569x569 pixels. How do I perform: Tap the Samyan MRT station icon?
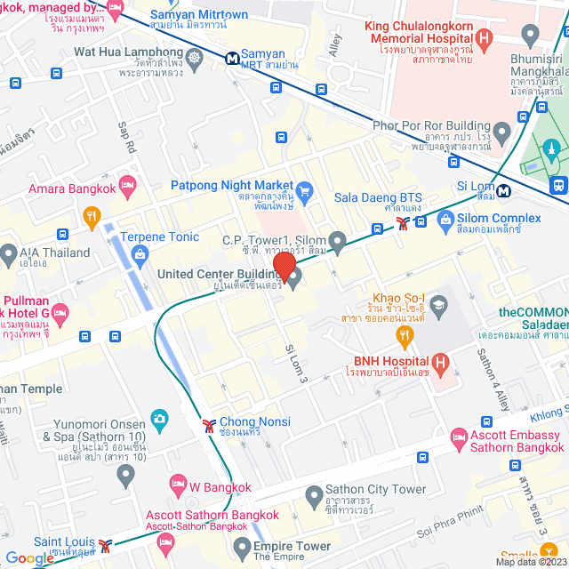tap(231, 59)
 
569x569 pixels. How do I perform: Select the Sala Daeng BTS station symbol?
tap(405, 223)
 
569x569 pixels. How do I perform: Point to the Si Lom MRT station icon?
tap(504, 189)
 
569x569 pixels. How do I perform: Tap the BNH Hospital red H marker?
tap(439, 363)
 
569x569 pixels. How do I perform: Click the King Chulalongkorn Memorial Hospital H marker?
tap(484, 38)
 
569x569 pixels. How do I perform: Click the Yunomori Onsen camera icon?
tap(160, 417)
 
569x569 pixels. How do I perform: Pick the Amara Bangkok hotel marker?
tap(127, 186)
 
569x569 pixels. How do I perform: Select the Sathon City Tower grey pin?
tap(313, 494)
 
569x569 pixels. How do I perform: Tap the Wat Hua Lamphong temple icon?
tap(196, 56)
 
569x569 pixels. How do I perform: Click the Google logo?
tap(30, 558)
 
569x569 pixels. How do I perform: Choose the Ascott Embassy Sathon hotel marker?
tap(459, 437)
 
